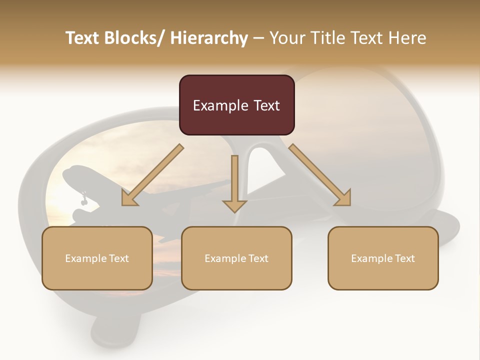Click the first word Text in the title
click(x=82, y=38)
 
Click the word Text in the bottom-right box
click(x=403, y=258)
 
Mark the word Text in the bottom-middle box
click(x=257, y=258)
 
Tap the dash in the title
click(x=258, y=38)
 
